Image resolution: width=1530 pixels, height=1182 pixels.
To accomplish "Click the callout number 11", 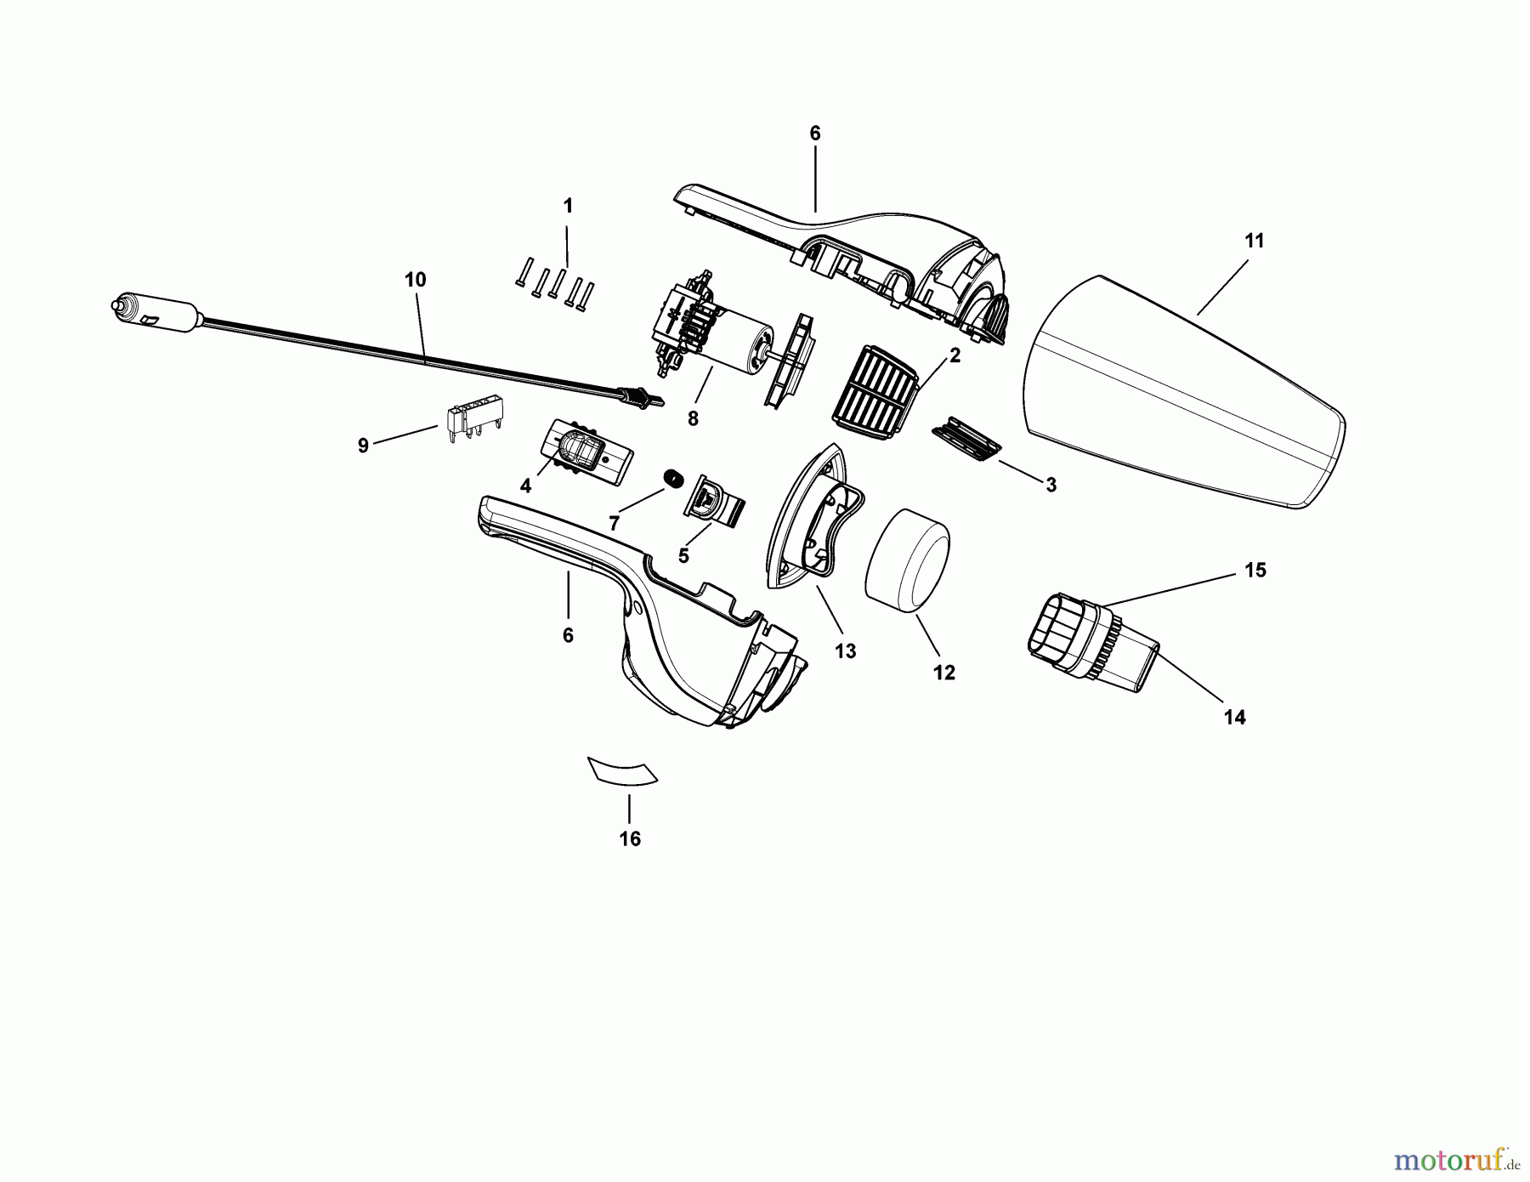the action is click(x=1255, y=241).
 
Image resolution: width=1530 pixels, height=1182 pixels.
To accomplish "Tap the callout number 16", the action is click(x=630, y=839).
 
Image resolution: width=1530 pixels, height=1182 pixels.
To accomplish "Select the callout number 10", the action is click(x=416, y=280).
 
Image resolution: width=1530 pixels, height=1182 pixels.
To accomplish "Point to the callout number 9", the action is click(x=363, y=446).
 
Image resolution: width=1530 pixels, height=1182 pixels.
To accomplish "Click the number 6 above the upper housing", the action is click(x=815, y=133).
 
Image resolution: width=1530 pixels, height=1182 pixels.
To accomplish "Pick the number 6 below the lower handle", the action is click(x=568, y=635).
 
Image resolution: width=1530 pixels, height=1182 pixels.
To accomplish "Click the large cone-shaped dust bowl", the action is click(x=1184, y=392).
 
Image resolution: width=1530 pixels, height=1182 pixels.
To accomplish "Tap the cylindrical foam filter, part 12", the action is click(x=907, y=560).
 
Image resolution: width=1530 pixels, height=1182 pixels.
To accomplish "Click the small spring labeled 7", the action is click(x=673, y=480).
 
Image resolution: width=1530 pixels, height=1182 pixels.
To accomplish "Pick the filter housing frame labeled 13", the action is click(x=816, y=515).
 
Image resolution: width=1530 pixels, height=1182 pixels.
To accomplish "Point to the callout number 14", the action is click(x=1234, y=718).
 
